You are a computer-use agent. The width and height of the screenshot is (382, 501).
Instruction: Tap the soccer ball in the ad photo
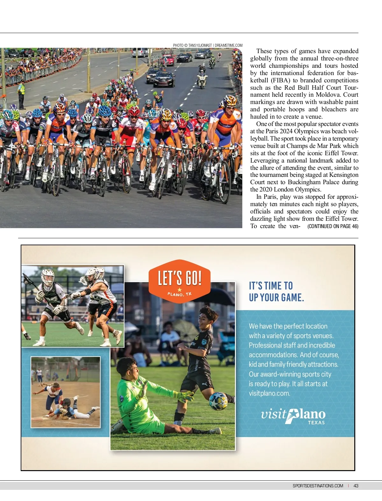[x=218, y=401]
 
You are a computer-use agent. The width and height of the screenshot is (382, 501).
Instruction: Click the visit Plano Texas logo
[x=293, y=416]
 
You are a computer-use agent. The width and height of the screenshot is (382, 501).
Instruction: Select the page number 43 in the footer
[x=356, y=486]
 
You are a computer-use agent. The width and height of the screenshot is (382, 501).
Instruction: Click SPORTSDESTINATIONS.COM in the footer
[x=318, y=486]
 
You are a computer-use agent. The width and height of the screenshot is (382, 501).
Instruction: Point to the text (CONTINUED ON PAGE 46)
[x=333, y=226]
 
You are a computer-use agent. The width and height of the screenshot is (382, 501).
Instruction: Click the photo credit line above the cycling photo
[x=208, y=45]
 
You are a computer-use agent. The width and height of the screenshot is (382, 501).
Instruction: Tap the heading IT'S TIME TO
[x=271, y=285]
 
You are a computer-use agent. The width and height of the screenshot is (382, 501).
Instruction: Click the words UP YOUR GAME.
[x=276, y=297]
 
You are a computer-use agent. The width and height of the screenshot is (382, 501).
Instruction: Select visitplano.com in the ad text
[x=269, y=393]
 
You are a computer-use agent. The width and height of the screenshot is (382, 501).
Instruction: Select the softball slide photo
[x=66, y=392]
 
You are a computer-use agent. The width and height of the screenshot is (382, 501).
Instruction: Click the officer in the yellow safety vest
[x=21, y=94]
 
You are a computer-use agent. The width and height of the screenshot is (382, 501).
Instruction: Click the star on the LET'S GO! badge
[x=180, y=289]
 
